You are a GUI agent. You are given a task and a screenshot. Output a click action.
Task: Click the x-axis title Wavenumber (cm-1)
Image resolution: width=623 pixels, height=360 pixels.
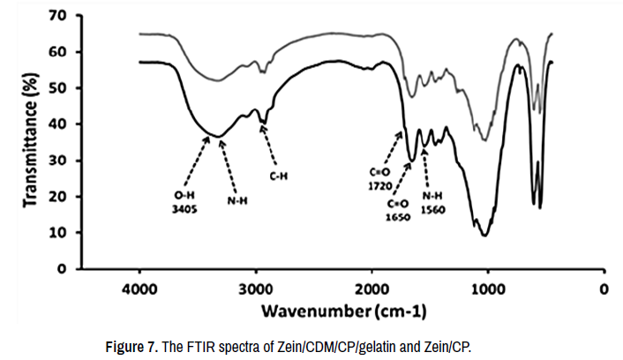(347, 311)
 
